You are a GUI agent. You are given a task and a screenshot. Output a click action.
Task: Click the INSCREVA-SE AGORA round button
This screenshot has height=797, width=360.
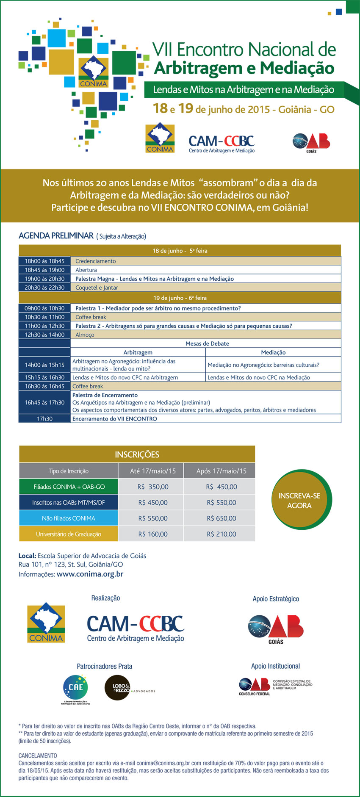[299, 501]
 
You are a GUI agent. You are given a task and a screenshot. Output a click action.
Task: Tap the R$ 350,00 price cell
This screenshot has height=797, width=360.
[152, 487]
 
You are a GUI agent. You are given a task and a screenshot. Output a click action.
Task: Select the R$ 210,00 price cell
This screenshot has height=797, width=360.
[221, 534]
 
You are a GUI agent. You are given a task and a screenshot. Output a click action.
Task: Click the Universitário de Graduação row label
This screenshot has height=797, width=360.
[68, 534]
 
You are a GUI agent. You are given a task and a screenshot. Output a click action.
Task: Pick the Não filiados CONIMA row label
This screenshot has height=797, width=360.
[68, 518]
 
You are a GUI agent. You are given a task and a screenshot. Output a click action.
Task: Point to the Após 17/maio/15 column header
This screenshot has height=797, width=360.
[221, 471]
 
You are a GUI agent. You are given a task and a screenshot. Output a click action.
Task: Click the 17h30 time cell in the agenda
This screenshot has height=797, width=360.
[44, 419]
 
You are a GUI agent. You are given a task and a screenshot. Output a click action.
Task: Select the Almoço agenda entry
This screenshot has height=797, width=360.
[85, 335]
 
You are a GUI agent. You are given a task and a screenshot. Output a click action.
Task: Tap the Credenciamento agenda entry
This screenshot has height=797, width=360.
[95, 261]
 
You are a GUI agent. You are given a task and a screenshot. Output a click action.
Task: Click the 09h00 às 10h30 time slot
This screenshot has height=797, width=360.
[44, 308]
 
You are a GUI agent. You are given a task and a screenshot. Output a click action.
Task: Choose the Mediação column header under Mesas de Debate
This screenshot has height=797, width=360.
[273, 352]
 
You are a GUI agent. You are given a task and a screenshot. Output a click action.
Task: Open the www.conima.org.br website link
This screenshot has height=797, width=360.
[90, 575]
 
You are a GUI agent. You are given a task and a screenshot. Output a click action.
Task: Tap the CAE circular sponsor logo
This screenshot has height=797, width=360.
[75, 688]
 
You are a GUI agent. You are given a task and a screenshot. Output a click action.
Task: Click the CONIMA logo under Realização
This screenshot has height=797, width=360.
[46, 624]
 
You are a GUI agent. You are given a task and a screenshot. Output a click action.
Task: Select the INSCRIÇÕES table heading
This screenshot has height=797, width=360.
[137, 454]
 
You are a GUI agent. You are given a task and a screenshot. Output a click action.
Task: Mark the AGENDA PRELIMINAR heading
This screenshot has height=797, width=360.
[56, 236]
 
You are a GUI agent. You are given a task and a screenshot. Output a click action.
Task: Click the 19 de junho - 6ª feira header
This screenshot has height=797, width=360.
[180, 298]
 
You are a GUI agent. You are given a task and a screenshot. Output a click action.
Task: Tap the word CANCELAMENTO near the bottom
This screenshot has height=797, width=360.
[38, 755]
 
